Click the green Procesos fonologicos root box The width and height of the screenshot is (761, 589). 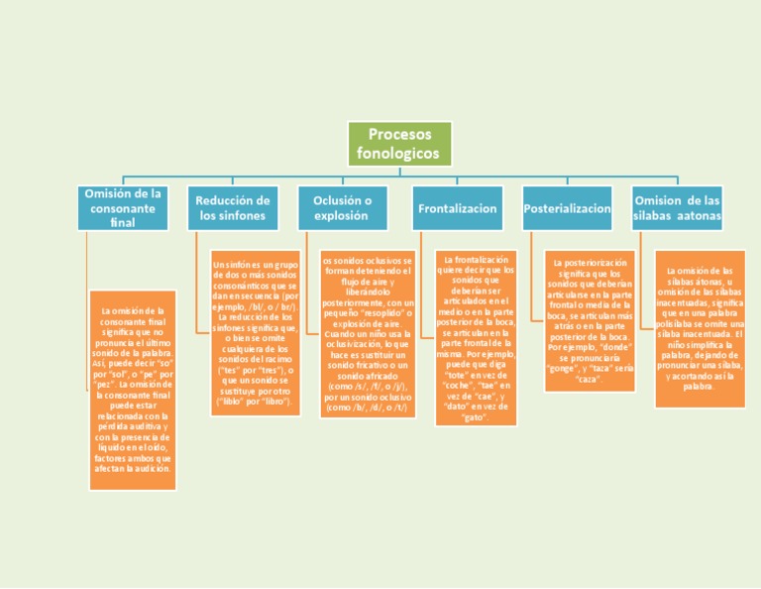[x=399, y=144]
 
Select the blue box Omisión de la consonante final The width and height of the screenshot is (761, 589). [x=123, y=207]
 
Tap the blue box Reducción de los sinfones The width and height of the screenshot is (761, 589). [x=233, y=208]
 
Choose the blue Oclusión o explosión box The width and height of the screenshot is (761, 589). [x=343, y=208]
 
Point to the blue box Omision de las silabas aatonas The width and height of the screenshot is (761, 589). [x=678, y=208]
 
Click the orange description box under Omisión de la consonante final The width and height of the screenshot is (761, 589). [x=133, y=390]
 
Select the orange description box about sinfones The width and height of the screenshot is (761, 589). [x=255, y=333]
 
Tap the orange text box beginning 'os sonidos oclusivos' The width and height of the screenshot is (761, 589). [x=368, y=335]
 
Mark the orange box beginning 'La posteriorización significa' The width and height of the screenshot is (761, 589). [x=589, y=319]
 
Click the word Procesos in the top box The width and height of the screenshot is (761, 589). [x=399, y=134]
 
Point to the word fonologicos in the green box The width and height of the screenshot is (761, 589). [x=399, y=154]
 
